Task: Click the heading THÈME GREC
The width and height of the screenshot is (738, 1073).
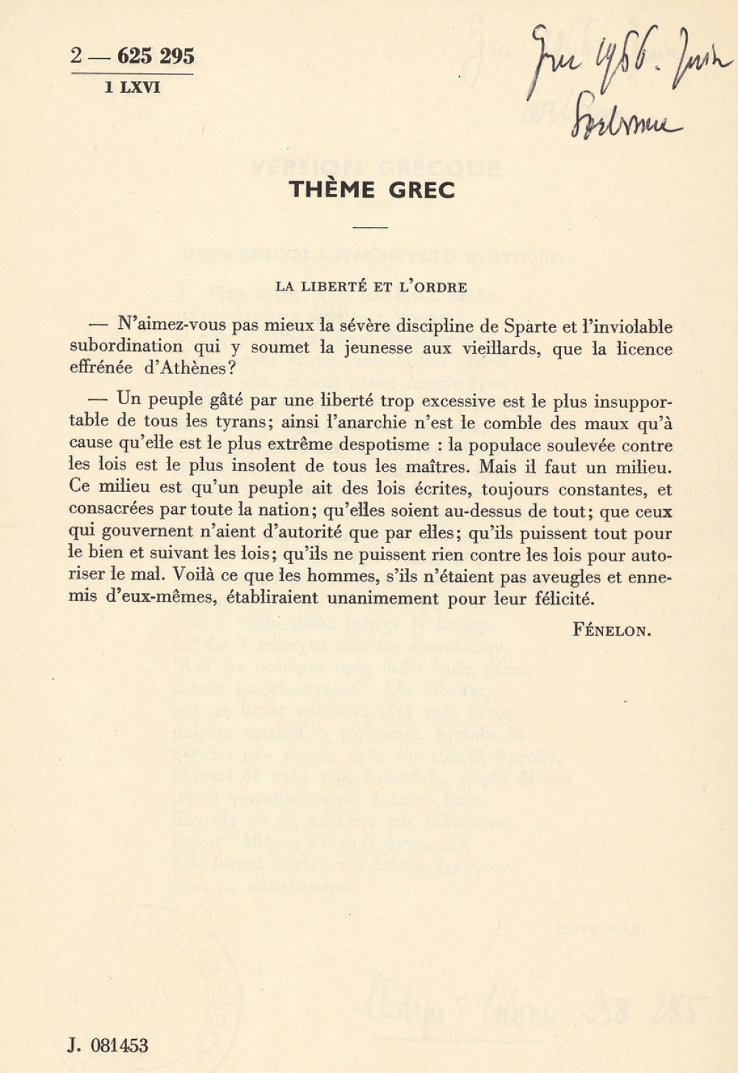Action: pyautogui.click(x=372, y=190)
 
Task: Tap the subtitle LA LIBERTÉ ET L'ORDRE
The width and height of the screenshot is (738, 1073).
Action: pyautogui.click(x=371, y=288)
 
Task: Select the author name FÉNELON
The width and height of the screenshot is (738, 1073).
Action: pyautogui.click(x=612, y=631)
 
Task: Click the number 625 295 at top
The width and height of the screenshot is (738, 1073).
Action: pyautogui.click(x=156, y=56)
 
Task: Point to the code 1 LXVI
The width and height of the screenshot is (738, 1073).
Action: pyautogui.click(x=132, y=88)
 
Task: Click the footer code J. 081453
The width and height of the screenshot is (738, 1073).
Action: pyautogui.click(x=108, y=1045)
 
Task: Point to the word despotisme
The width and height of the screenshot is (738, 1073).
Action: pyautogui.click(x=384, y=445)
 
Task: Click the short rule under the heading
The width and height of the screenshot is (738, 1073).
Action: pyautogui.click(x=370, y=228)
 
